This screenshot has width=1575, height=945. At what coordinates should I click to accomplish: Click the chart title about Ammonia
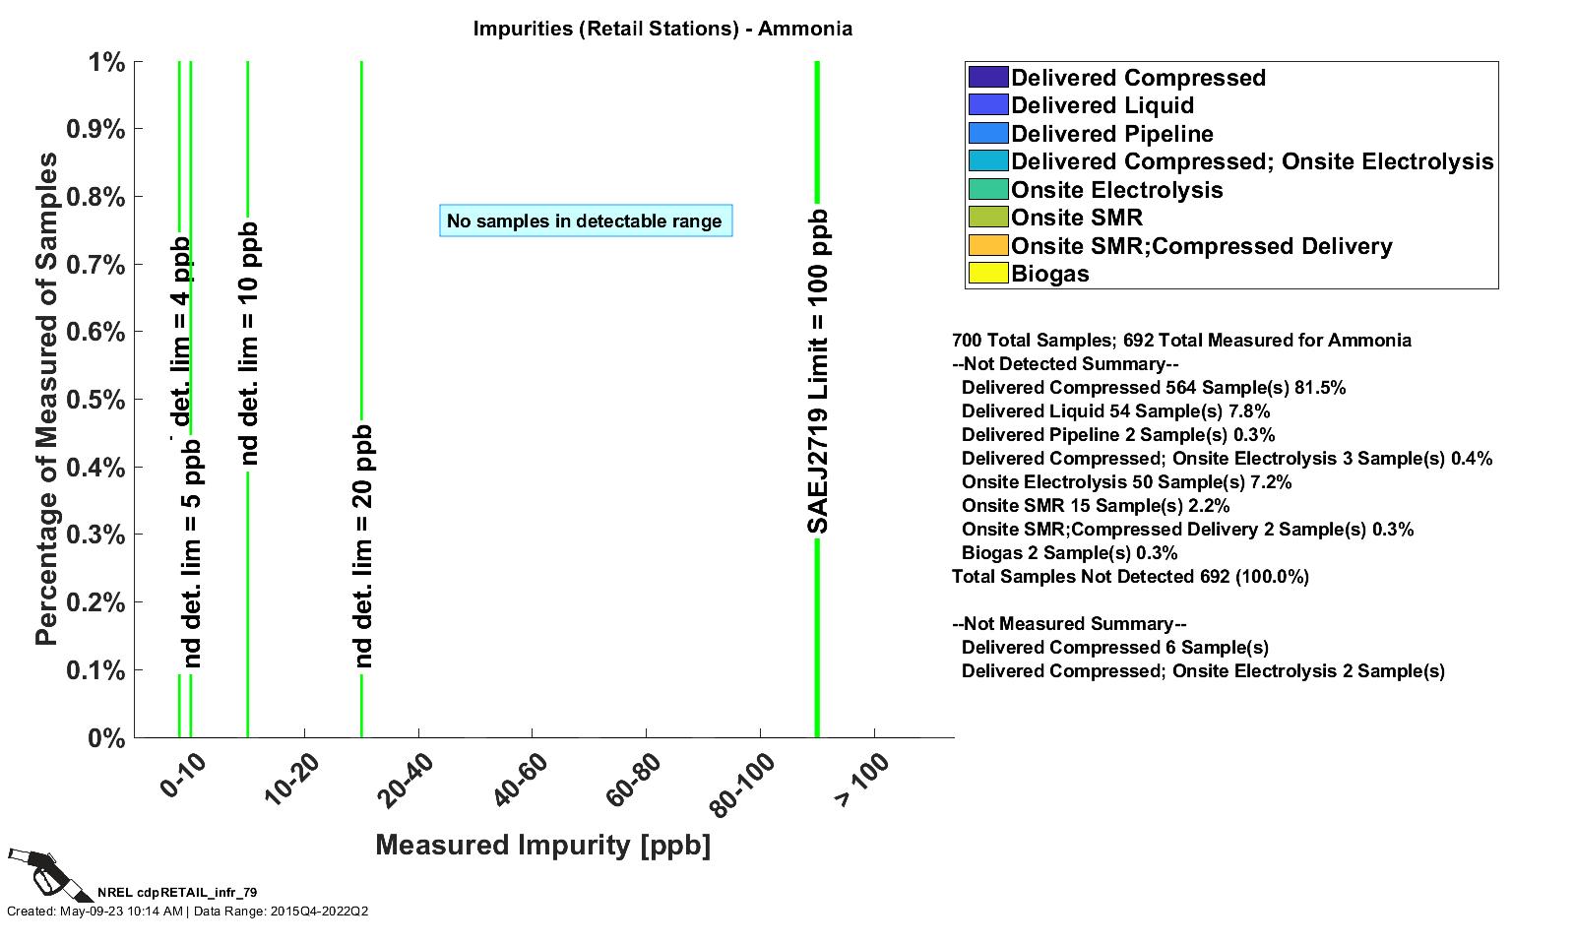pyautogui.click(x=662, y=29)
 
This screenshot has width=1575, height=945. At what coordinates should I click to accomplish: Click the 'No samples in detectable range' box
pyautogui.click(x=585, y=220)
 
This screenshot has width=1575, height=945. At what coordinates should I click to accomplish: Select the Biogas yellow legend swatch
pyautogui.click(x=988, y=274)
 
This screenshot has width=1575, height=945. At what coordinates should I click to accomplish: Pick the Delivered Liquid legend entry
pyautogui.click(x=1102, y=105)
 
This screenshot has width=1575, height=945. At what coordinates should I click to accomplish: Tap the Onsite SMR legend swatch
pyautogui.click(x=988, y=218)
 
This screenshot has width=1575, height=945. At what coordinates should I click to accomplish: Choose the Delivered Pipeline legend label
pyautogui.click(x=1111, y=134)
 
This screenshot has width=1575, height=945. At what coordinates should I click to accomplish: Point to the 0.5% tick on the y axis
pyautogui.click(x=94, y=400)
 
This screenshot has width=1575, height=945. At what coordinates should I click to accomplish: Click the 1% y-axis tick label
pyautogui.click(x=106, y=63)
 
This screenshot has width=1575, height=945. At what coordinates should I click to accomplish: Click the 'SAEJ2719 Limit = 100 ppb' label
pyautogui.click(x=818, y=372)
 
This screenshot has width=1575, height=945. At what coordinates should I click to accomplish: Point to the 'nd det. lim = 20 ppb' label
pyautogui.click(x=362, y=546)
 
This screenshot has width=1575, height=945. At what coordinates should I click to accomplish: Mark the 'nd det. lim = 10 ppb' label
pyautogui.click(x=248, y=344)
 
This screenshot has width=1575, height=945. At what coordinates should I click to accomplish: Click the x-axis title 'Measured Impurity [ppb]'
pyautogui.click(x=542, y=845)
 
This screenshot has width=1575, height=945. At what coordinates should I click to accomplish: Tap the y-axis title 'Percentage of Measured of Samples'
pyautogui.click(x=46, y=399)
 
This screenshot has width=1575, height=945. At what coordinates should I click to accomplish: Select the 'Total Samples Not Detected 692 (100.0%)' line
pyautogui.click(x=1130, y=577)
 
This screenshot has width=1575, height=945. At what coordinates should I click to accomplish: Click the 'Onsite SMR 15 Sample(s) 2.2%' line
pyautogui.click(x=1096, y=506)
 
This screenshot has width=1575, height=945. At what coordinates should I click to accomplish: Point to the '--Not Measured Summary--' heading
pyautogui.click(x=1069, y=624)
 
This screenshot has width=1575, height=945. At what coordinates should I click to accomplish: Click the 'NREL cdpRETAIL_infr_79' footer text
pyautogui.click(x=177, y=893)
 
